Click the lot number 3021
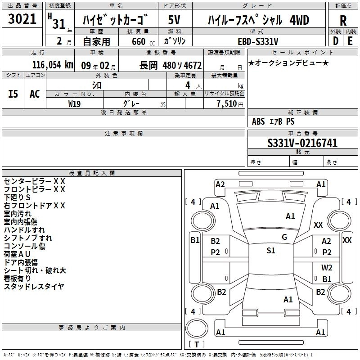click(22, 19)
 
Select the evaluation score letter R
click(343, 20)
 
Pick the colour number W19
click(75, 103)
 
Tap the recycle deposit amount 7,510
click(227, 103)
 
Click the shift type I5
click(13, 94)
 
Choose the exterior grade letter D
click(336, 40)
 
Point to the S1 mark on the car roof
click(270, 251)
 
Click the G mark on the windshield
click(284, 237)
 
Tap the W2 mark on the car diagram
click(327, 267)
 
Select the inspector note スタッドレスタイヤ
click(34, 286)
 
